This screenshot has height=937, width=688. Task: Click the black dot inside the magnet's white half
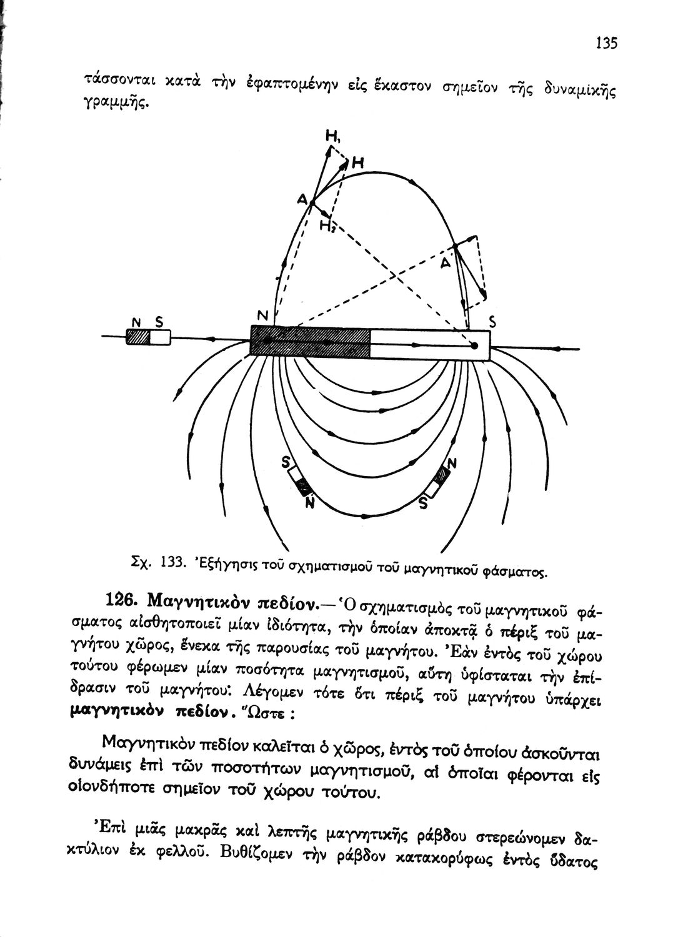474,345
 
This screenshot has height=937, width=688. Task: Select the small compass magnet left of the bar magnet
148,337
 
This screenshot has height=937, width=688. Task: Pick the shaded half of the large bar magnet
311,342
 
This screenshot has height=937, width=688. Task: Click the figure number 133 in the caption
171,561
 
